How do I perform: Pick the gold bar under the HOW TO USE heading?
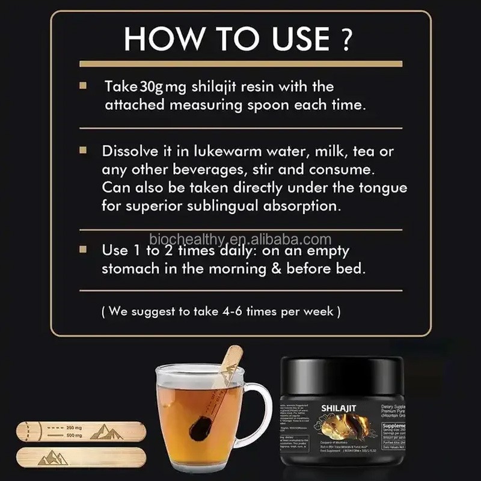click(x=240, y=63)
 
